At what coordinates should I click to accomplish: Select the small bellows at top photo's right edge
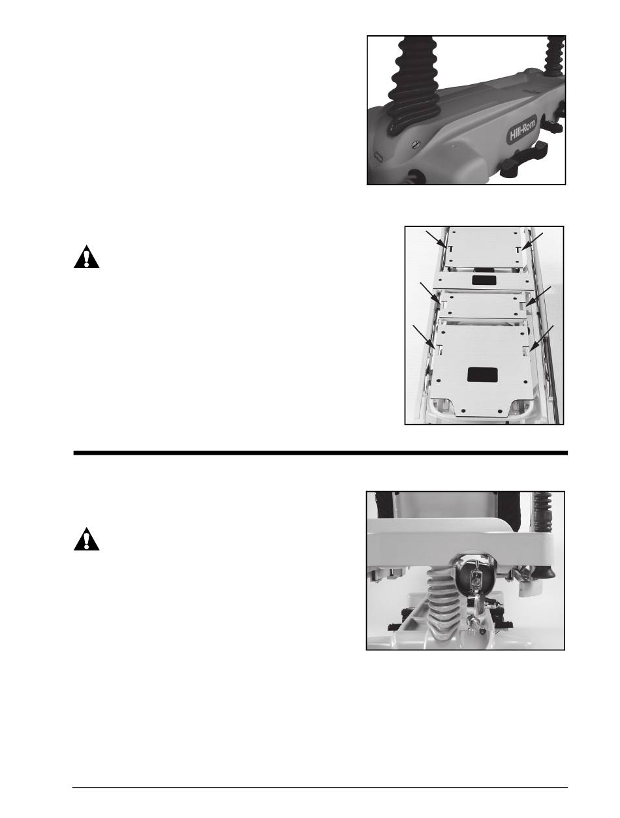[x=554, y=55]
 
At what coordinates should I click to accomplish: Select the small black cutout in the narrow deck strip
[x=483, y=280]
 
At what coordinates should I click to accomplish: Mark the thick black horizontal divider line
[x=320, y=453]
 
